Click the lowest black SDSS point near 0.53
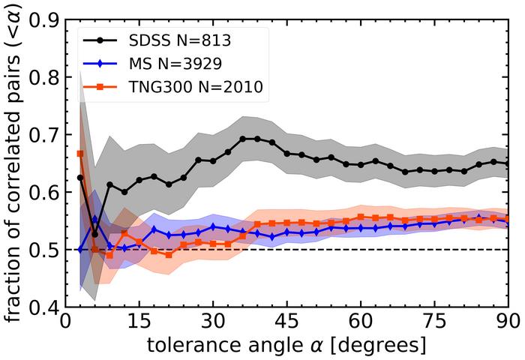(x=94, y=234)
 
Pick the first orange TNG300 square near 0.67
(x=80, y=154)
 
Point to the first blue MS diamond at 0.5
(x=80, y=249)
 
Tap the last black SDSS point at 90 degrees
(x=508, y=163)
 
